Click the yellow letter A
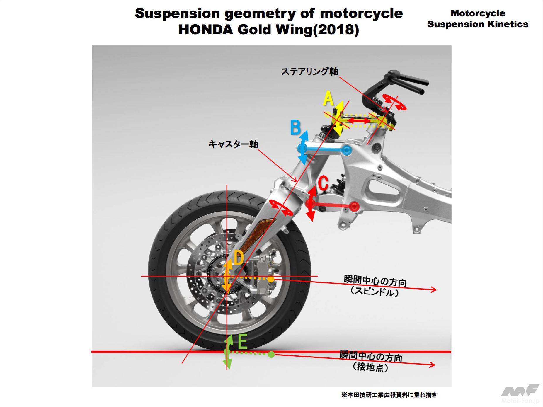328,99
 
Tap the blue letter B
295,128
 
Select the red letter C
323,184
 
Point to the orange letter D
239,258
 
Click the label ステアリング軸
309,71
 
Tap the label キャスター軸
233,144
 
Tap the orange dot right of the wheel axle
271,279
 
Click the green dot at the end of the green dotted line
271,355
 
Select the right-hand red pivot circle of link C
355,207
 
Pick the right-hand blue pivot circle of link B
346,150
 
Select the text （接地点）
371,367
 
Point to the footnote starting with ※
389,395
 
